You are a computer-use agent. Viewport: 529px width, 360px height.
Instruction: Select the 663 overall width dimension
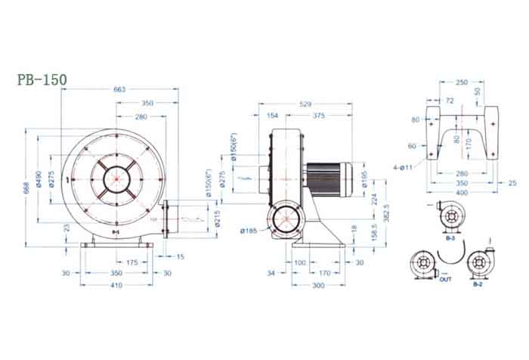click(119, 88)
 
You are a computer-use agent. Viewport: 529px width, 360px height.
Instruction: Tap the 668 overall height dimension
click(26, 188)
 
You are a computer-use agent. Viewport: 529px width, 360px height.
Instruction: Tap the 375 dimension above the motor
click(319, 116)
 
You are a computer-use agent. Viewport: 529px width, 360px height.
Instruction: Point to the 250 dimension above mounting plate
click(462, 82)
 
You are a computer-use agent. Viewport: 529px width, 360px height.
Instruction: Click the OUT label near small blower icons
click(446, 278)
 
